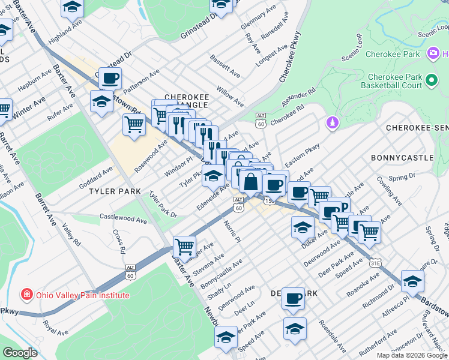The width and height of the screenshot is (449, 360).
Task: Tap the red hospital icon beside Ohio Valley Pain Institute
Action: click(x=26, y=295)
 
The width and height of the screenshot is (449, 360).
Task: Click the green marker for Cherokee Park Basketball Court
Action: click(x=431, y=80)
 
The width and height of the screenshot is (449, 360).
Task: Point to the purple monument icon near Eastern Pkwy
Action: click(x=331, y=123)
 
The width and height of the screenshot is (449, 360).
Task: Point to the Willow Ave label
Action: click(x=231, y=95)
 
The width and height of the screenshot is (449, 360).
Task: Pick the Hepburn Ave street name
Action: click(x=35, y=80)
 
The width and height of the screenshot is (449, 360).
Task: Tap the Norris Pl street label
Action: click(x=232, y=230)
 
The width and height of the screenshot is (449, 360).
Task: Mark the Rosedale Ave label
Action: click(x=333, y=340)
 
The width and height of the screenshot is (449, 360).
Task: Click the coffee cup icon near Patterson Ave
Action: click(x=110, y=78)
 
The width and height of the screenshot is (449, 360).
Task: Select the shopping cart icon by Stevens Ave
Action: click(x=184, y=247)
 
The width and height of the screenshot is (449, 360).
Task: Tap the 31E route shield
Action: click(x=375, y=262)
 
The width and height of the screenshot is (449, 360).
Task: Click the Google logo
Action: click(x=20, y=352)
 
